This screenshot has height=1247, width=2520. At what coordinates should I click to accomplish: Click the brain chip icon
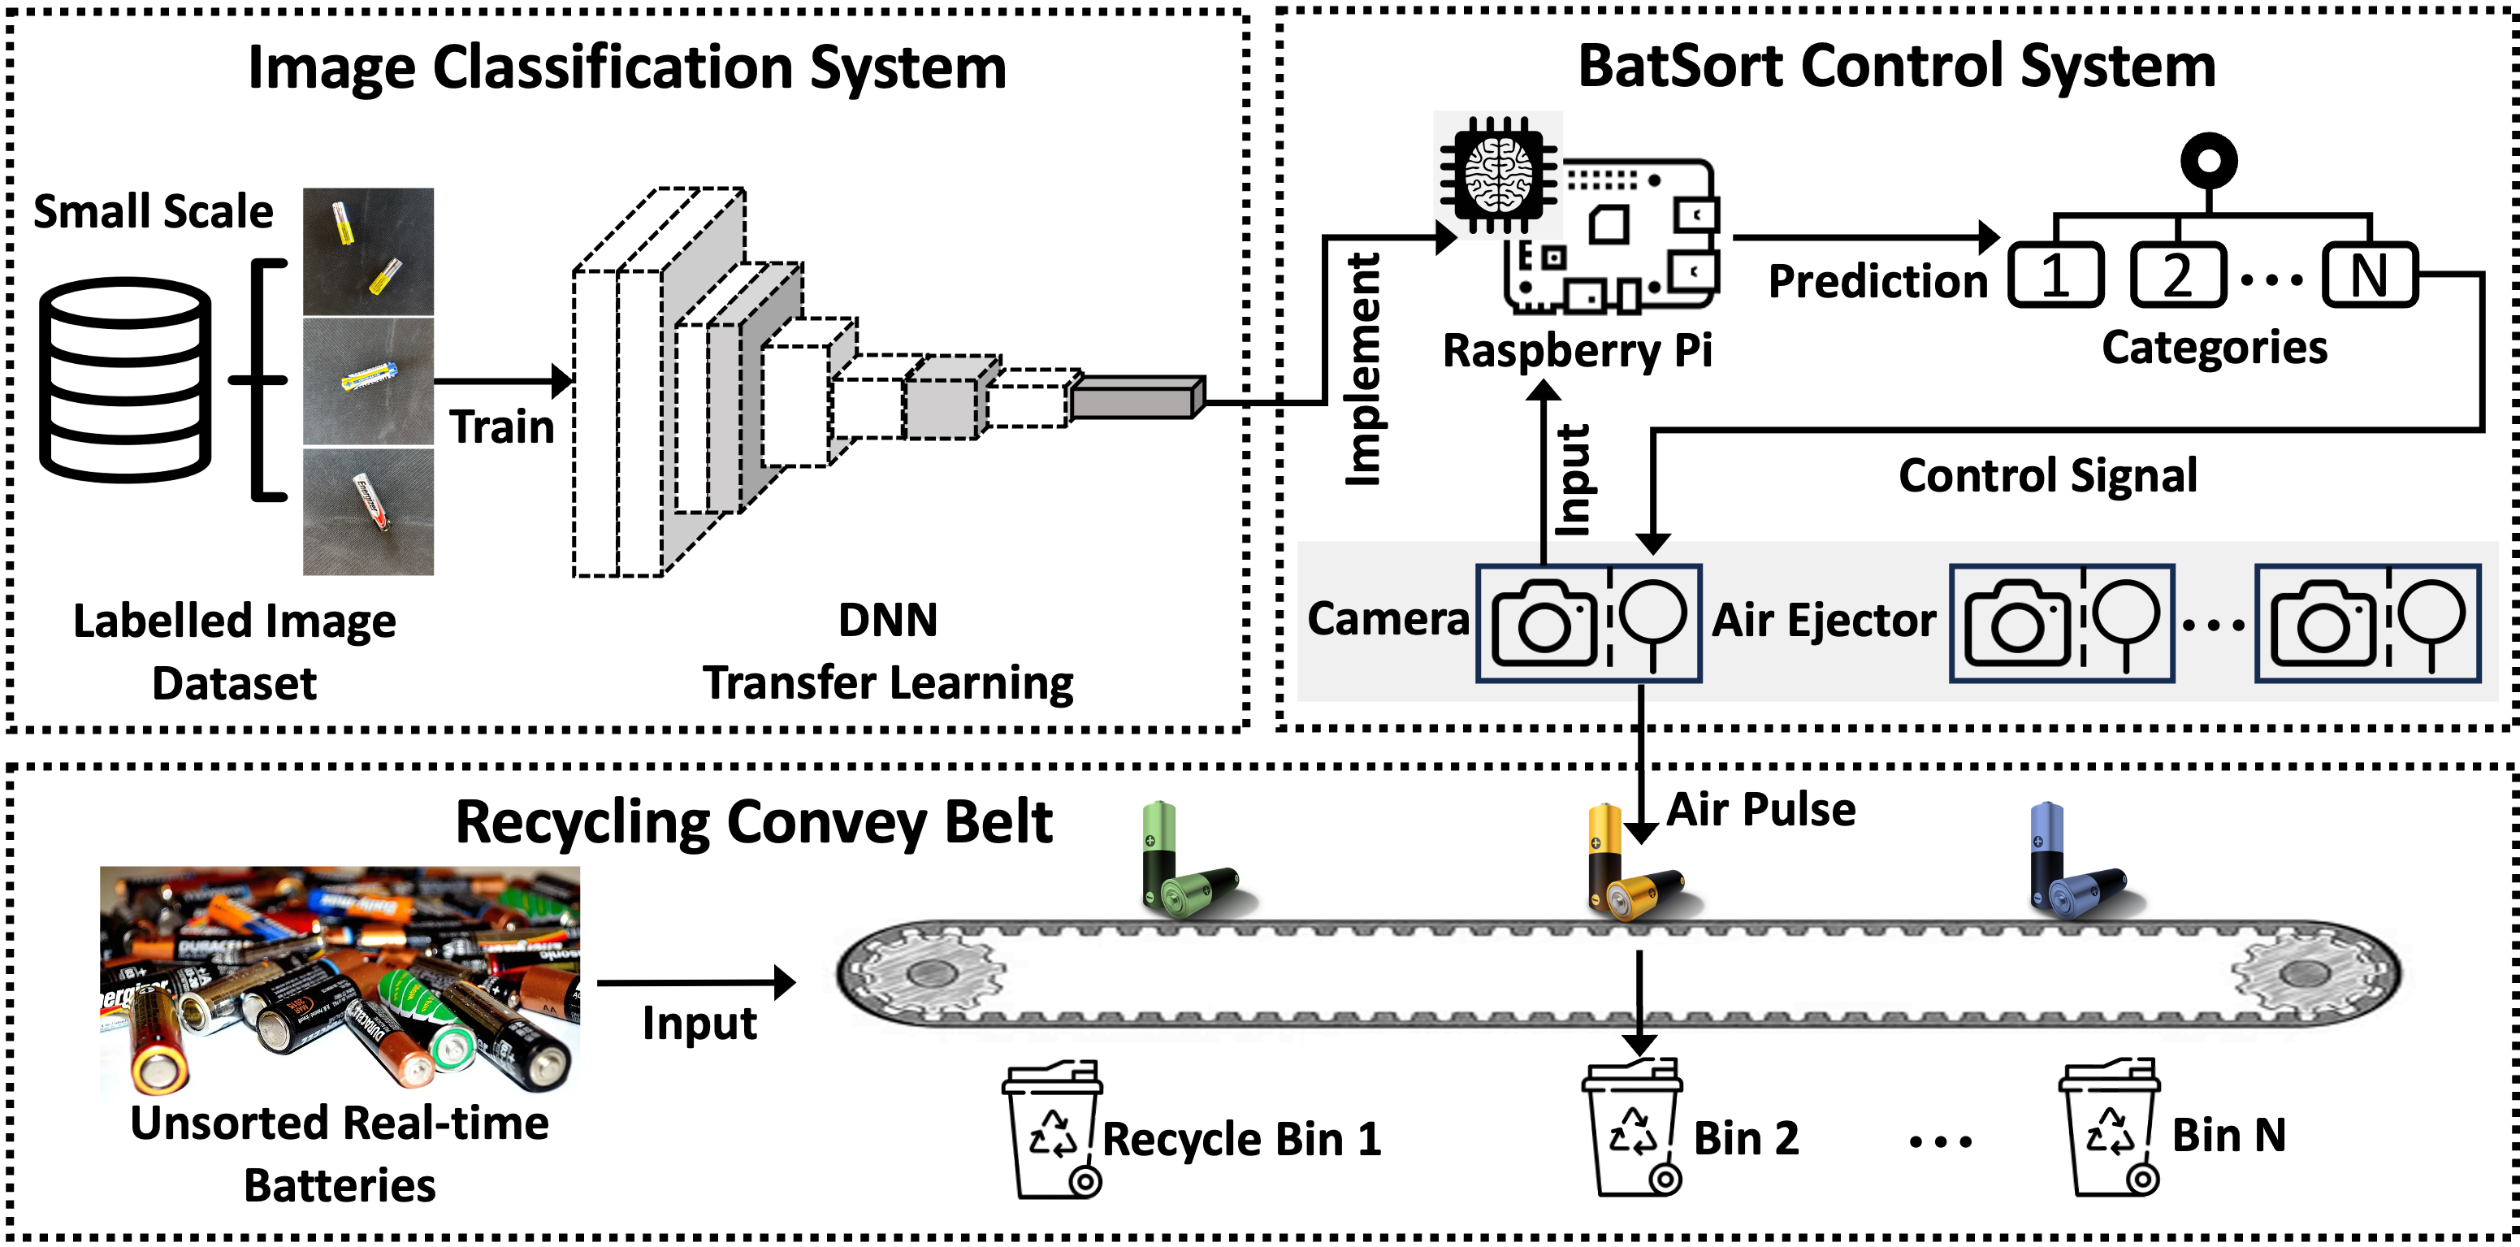click(1498, 175)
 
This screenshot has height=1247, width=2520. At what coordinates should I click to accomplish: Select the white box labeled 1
click(2055, 275)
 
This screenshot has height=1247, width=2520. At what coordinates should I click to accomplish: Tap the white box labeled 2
click(2178, 275)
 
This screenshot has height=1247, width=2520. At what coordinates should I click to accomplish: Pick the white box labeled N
click(2370, 275)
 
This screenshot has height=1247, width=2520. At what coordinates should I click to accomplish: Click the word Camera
click(1388, 619)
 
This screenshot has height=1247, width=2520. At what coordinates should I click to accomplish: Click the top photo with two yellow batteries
click(368, 251)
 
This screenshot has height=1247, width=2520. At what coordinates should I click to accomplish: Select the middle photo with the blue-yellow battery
click(368, 382)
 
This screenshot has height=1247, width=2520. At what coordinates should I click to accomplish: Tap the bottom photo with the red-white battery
click(368, 512)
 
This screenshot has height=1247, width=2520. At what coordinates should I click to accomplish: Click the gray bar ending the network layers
click(1135, 399)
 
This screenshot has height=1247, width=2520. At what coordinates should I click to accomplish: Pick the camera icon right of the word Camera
click(1544, 623)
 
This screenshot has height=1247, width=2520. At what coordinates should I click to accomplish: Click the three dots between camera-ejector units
click(2214, 625)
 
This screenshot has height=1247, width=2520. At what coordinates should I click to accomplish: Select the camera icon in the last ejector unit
click(2323, 623)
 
